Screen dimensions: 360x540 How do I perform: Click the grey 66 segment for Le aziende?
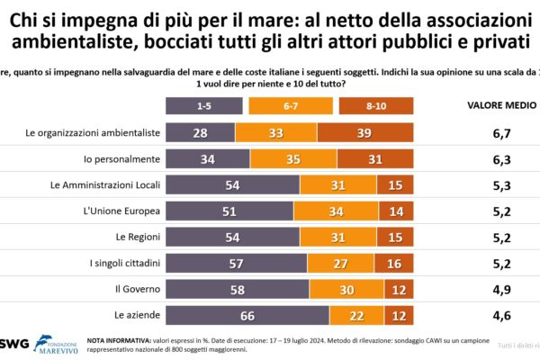(247, 316)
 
